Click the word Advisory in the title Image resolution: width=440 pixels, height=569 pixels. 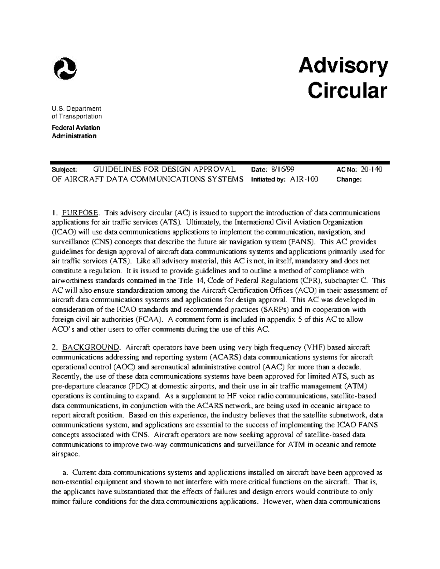[x=343, y=66]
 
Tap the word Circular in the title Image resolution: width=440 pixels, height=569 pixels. [x=347, y=90]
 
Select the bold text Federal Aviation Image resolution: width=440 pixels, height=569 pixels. [x=76, y=128]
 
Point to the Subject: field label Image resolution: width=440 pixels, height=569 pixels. [x=65, y=170]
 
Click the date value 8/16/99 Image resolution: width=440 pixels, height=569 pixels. [x=283, y=170]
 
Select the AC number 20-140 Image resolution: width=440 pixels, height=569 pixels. [x=371, y=170]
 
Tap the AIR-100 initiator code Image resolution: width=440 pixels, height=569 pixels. [x=304, y=180]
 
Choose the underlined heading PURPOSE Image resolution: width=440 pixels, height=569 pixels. [x=80, y=213]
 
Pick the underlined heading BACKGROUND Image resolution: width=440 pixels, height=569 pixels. [x=91, y=347]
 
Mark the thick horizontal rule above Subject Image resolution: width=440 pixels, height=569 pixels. [x=220, y=162]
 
